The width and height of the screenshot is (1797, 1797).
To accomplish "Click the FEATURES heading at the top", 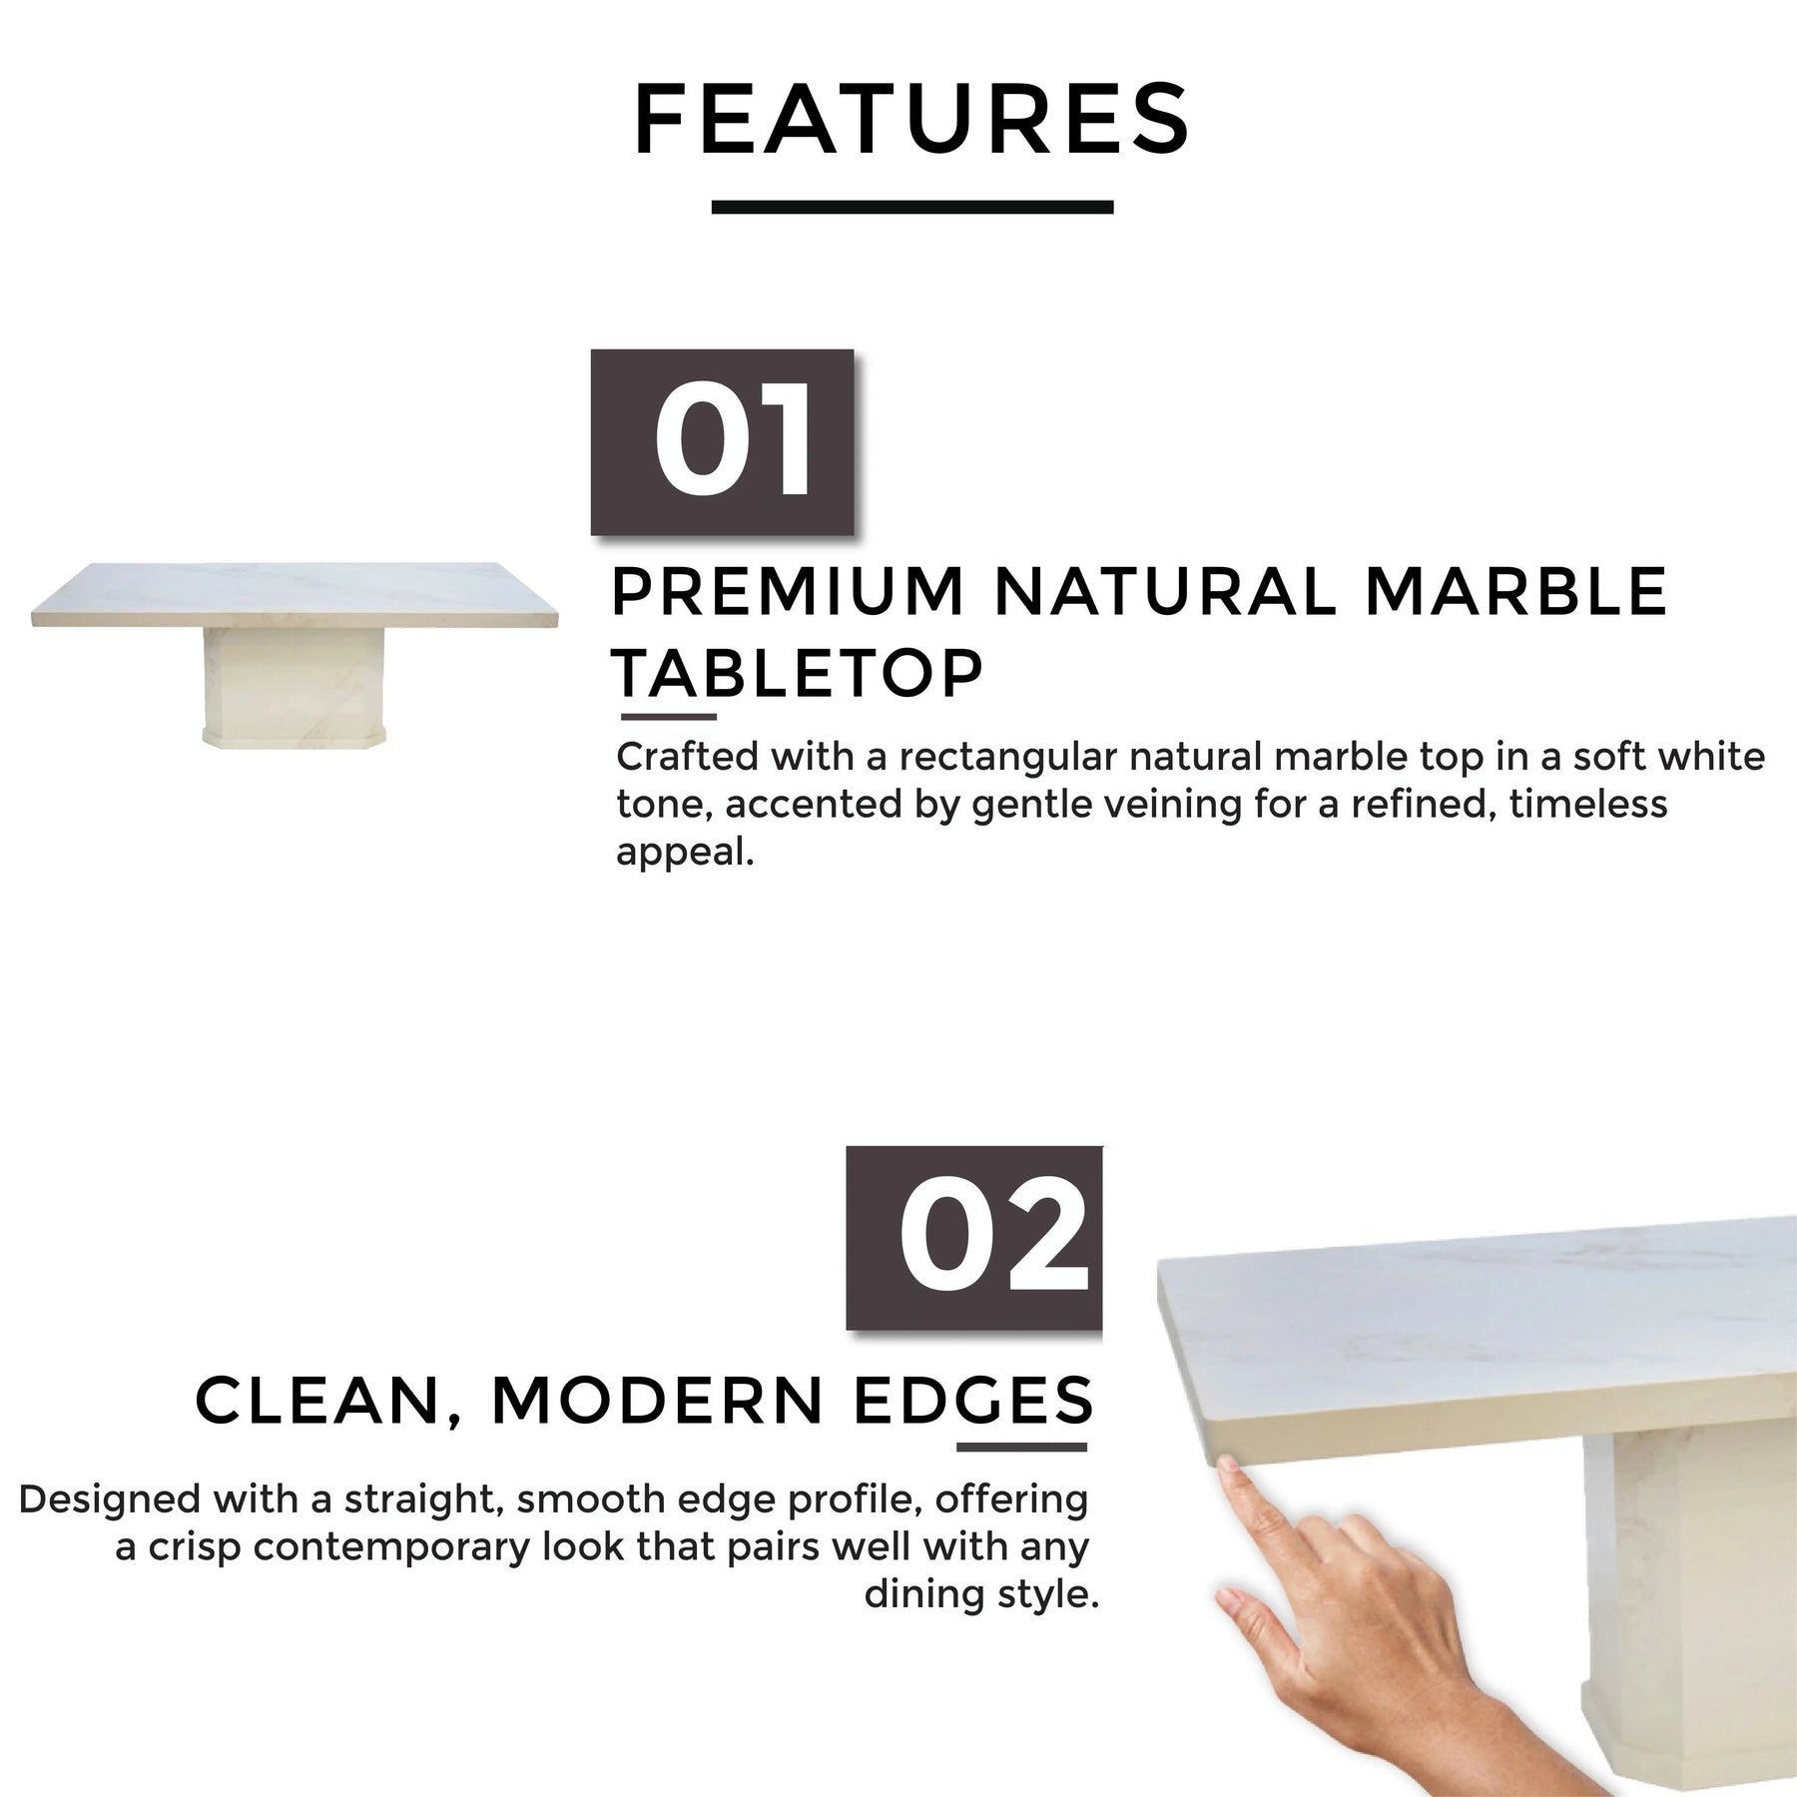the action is point(912,120).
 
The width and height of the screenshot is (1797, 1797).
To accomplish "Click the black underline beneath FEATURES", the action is point(912,207).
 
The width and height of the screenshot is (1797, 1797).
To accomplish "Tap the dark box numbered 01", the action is point(722,442).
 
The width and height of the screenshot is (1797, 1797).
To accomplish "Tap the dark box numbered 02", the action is point(974,1238).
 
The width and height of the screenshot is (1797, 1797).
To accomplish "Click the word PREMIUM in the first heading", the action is point(788,591).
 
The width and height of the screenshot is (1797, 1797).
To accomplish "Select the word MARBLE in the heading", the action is point(1516,591).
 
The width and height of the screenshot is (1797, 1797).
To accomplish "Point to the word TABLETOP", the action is point(798,673).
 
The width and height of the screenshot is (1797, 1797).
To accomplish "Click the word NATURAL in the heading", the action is point(1165,591).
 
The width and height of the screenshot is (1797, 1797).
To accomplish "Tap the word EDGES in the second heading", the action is point(974,1400).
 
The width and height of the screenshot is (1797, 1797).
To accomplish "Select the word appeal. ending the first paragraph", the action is point(685,853).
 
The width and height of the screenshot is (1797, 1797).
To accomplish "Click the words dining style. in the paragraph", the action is point(981,1594).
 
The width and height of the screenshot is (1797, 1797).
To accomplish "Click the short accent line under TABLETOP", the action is point(669,717).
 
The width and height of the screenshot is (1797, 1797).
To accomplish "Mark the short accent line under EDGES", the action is point(1021,1447).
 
